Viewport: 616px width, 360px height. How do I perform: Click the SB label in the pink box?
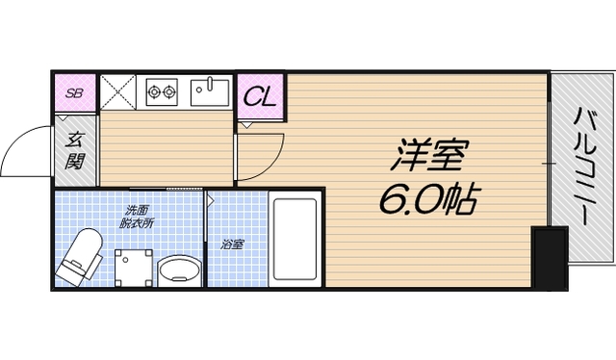(x=73, y=93)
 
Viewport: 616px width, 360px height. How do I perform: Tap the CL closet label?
(x=260, y=95)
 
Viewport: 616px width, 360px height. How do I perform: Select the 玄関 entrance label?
(x=74, y=150)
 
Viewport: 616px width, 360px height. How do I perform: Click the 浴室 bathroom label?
(x=232, y=244)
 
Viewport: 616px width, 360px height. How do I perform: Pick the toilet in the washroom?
(x=80, y=256)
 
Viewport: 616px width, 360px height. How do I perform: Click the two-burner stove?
(x=163, y=92)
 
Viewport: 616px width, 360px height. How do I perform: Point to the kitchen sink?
(x=208, y=91)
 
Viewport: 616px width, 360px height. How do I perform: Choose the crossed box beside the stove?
(x=119, y=92)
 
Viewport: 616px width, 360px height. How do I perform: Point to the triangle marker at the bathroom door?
(x=211, y=199)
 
